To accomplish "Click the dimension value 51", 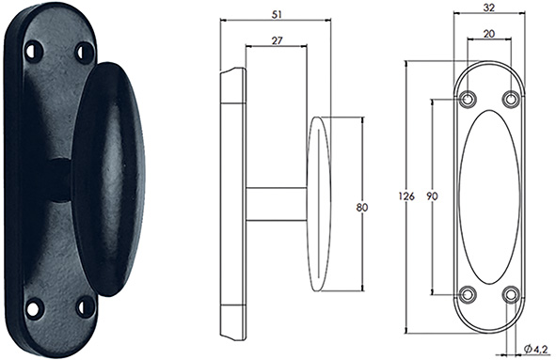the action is [277, 14].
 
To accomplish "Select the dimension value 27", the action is [278, 40].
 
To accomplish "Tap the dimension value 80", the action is [362, 207].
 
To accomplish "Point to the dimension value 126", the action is [406, 196].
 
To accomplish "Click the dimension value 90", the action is [432, 196].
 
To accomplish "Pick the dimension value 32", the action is [488, 8].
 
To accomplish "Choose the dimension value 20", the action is [489, 34].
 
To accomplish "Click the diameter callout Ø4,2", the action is [535, 350].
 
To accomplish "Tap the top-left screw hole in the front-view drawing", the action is [468, 99].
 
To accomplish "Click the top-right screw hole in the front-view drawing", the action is [511, 99].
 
